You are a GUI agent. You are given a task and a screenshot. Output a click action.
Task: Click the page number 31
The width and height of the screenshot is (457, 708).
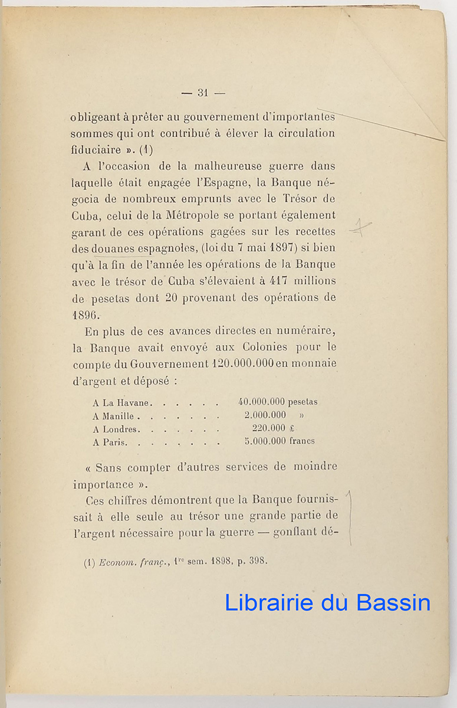[x=203, y=93]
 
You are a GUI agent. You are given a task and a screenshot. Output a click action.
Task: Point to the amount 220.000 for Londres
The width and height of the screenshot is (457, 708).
[x=269, y=428]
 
